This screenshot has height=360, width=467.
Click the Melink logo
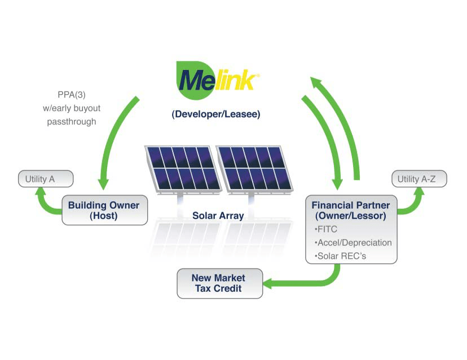click(217, 80)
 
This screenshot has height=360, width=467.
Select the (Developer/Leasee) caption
click(216, 114)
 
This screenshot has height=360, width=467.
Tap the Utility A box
click(46, 179)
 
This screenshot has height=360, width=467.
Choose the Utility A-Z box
click(419, 179)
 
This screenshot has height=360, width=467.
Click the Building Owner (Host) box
click(104, 210)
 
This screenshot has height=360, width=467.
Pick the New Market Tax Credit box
click(219, 283)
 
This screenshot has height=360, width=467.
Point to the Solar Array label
click(218, 216)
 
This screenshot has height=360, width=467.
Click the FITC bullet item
click(326, 229)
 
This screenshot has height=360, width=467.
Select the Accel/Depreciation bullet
click(353, 243)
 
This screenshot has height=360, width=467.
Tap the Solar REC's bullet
click(340, 256)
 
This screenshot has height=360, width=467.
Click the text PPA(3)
click(72, 95)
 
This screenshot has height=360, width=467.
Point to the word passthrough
click(72, 121)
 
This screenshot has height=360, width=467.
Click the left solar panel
click(183, 169)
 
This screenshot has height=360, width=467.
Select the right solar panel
click(254, 169)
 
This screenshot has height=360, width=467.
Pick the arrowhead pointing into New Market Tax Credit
click(267, 283)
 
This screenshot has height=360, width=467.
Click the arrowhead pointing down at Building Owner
click(103, 185)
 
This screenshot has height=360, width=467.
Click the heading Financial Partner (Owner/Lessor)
click(351, 210)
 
